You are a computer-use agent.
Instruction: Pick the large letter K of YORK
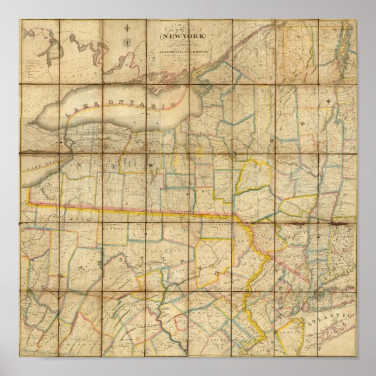point(329,101)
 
